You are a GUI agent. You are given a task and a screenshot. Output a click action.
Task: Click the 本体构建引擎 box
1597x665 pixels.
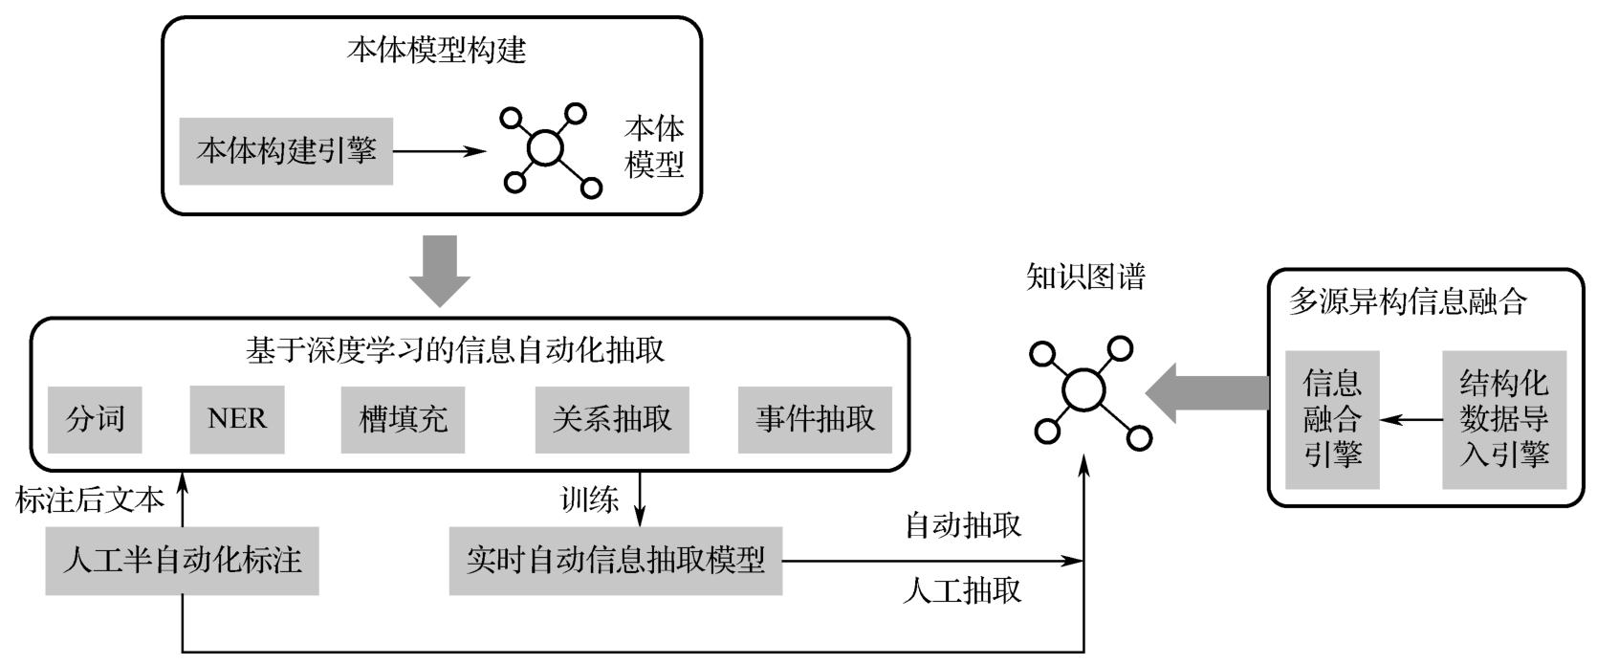(286, 150)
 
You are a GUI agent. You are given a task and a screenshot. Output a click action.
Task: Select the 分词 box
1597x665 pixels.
(95, 419)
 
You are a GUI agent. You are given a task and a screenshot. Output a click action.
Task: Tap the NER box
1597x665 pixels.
(236, 419)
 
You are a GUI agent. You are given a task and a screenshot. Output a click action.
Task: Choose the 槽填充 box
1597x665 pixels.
(403, 419)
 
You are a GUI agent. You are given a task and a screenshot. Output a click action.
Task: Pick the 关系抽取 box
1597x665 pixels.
(612, 419)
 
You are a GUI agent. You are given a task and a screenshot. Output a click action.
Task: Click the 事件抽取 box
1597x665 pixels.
(815, 419)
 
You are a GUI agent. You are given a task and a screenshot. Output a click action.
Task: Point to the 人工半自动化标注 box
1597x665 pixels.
(182, 560)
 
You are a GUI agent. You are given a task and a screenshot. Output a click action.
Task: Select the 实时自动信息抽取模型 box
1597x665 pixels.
(615, 560)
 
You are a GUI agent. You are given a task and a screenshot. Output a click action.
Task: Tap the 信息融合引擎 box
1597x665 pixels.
(1332, 419)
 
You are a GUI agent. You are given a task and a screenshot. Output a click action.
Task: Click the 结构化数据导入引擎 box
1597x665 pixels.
(1504, 419)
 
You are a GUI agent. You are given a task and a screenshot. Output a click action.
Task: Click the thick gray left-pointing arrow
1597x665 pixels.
(1207, 392)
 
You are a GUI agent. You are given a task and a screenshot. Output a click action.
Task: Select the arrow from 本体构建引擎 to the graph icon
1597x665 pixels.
(440, 150)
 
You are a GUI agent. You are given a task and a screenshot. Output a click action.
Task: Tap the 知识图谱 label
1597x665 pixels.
(1085, 277)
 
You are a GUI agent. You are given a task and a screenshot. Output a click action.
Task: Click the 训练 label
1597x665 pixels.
(589, 499)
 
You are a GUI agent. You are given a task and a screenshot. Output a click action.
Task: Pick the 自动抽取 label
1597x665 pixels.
(963, 525)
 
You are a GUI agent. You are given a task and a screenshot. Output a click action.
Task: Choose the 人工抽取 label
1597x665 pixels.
(963, 590)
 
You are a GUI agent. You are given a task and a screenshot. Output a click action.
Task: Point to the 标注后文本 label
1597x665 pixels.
(90, 499)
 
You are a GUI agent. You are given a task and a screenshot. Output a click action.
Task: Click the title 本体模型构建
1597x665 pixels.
(436, 50)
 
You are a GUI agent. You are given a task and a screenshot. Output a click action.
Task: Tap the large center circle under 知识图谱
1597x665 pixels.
(1083, 390)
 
